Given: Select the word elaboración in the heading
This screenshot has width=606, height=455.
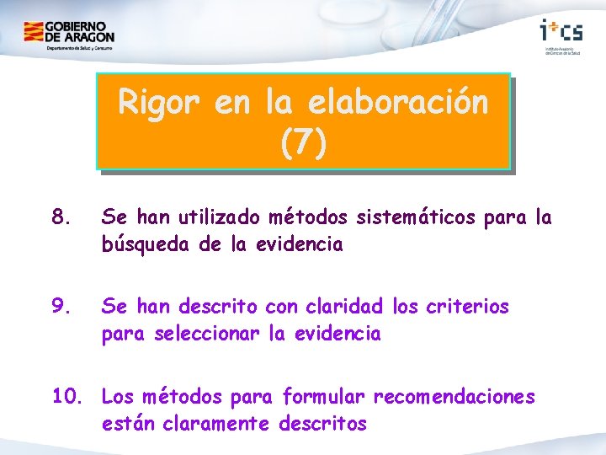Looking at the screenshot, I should (x=399, y=103).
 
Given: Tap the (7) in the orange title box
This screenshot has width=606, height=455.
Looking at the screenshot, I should (x=303, y=143).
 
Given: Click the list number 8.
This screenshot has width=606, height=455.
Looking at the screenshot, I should (x=60, y=218).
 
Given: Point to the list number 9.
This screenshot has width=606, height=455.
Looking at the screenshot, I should (x=60, y=307).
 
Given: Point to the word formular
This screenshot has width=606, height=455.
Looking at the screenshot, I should (x=325, y=396).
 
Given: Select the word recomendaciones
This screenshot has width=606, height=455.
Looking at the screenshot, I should (x=454, y=396).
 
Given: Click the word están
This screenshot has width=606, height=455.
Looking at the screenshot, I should (x=126, y=424).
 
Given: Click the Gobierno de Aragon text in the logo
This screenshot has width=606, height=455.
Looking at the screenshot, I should (x=80, y=33).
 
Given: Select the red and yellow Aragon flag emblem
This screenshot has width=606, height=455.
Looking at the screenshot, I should (x=34, y=33).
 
